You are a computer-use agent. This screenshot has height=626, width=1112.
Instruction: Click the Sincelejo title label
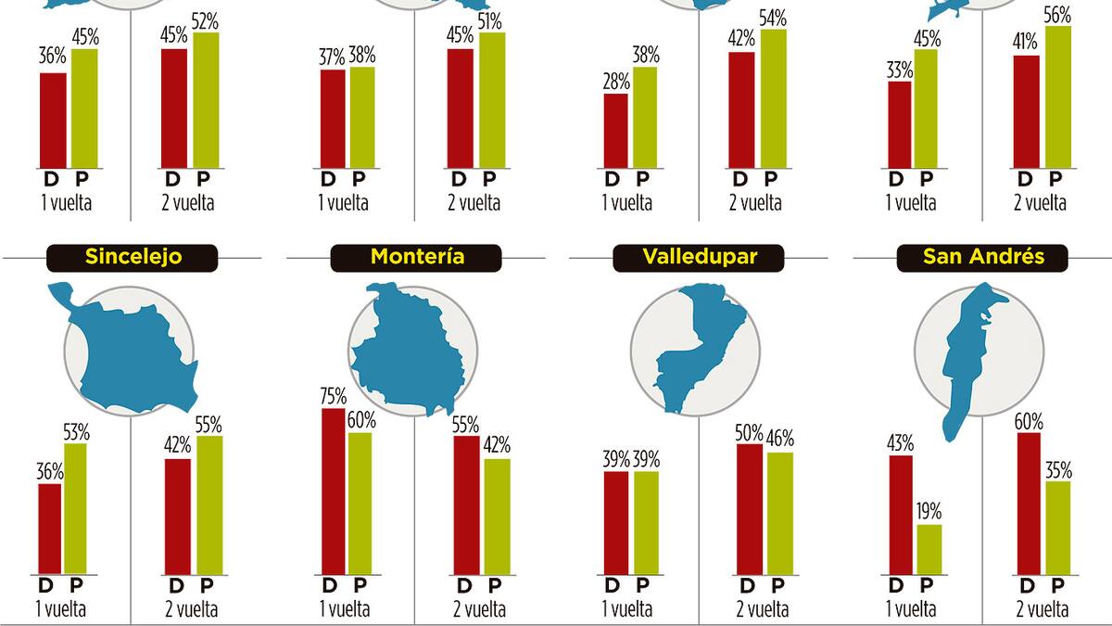132,257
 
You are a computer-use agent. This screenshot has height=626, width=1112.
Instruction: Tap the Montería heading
416,257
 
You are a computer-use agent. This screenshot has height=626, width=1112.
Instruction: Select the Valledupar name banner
700,257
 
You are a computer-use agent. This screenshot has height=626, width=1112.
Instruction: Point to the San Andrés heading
983,257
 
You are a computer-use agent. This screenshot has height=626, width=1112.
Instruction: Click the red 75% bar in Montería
334,492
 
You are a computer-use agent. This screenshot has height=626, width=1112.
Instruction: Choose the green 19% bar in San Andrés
929,549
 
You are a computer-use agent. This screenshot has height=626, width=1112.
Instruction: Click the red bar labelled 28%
616,130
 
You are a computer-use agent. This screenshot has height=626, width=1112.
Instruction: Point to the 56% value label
1056,16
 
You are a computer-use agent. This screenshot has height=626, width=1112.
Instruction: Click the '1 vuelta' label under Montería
345,608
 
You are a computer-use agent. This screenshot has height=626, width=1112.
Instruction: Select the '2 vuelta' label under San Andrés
1043,608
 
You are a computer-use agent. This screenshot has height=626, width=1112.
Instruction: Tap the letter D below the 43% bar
896,585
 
